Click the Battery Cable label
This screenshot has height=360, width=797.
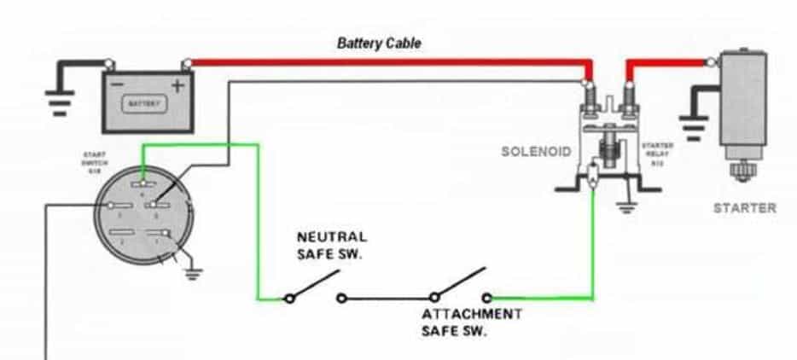point(379,43)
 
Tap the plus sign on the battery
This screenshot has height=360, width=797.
point(177,84)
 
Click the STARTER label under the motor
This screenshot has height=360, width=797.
point(744,207)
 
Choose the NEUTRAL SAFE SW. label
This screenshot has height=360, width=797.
point(332,243)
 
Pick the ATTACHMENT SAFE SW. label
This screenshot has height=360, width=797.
point(471,322)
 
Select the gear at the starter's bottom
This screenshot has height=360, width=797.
point(743,174)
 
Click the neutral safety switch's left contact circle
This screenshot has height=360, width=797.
point(289,298)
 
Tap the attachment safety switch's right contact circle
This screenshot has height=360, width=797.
point(487,298)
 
